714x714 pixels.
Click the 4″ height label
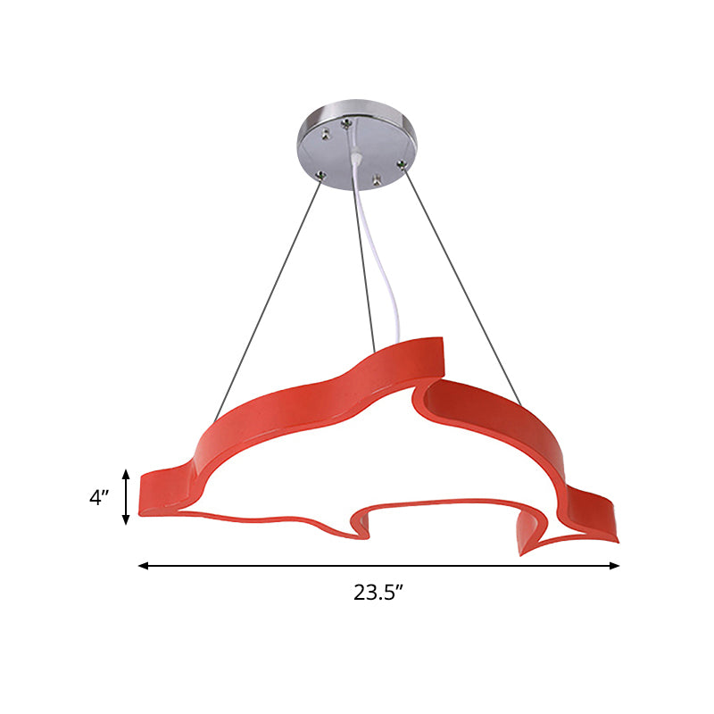click(x=99, y=497)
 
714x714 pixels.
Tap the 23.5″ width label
click(x=378, y=592)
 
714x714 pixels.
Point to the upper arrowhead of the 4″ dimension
click(x=126, y=475)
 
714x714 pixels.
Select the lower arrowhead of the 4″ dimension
click(x=126, y=519)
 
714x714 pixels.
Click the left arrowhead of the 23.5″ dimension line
click(x=144, y=566)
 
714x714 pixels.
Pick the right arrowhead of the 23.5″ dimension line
click(x=614, y=566)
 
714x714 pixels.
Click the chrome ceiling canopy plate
click(x=356, y=144)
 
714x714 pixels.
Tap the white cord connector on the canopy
click(x=357, y=158)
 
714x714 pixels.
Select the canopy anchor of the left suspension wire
click(x=321, y=175)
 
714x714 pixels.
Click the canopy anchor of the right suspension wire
click(x=401, y=163)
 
